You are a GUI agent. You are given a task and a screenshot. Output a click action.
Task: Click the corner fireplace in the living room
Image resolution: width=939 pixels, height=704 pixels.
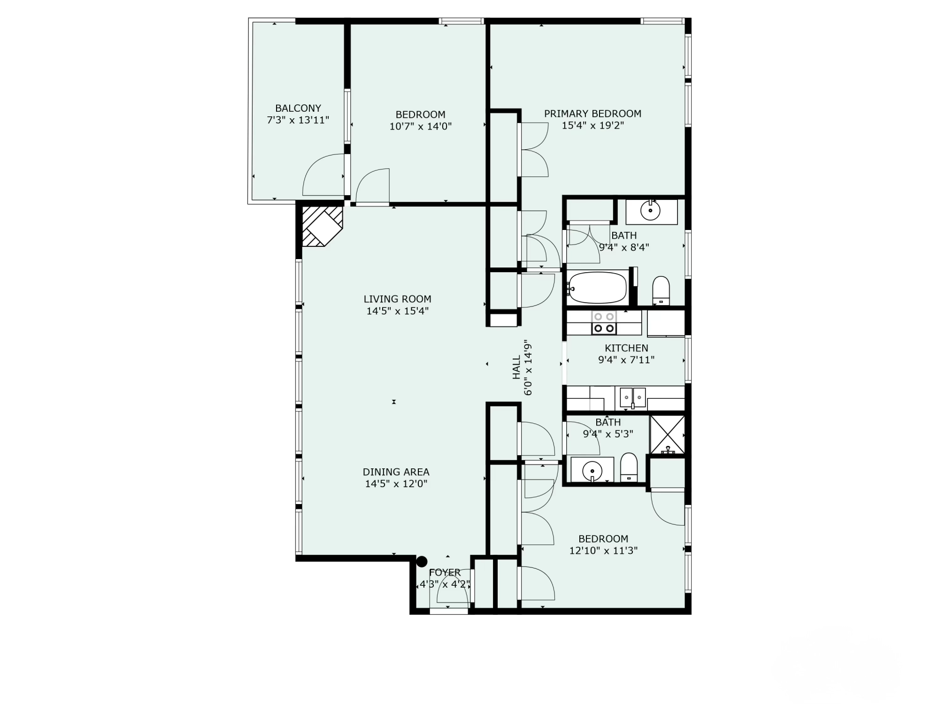point(321,226)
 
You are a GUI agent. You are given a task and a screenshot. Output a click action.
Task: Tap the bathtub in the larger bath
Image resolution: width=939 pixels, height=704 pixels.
point(597,287)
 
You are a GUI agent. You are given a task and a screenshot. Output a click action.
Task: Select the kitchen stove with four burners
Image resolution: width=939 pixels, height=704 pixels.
point(604,322)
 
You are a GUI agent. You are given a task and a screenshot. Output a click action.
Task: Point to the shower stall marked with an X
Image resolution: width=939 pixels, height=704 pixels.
point(667,434)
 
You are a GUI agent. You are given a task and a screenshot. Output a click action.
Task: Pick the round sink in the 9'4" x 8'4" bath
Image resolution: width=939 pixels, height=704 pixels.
point(651,211)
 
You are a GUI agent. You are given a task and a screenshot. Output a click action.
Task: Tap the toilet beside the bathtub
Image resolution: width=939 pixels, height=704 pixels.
point(661,290)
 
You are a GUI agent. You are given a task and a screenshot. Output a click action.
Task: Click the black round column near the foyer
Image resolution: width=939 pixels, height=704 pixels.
point(422,561)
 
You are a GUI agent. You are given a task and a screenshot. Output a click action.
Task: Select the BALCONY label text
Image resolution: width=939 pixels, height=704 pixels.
point(298,108)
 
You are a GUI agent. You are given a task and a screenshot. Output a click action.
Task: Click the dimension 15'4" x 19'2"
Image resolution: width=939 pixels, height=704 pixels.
point(593,126)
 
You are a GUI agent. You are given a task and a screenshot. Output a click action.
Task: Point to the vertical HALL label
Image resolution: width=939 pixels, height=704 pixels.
point(516,367)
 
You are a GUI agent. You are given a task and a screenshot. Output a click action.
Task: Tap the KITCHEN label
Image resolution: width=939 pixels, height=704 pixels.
point(626,348)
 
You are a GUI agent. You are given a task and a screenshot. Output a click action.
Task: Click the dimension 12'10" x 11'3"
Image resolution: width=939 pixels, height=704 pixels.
point(603,551)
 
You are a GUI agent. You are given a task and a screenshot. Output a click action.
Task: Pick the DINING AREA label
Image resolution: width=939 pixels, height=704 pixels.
point(396,472)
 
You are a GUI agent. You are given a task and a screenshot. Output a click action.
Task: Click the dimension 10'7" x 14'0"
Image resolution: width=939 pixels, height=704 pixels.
point(420,127)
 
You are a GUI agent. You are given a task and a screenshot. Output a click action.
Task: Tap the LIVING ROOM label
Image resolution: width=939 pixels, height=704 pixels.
point(397,299)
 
